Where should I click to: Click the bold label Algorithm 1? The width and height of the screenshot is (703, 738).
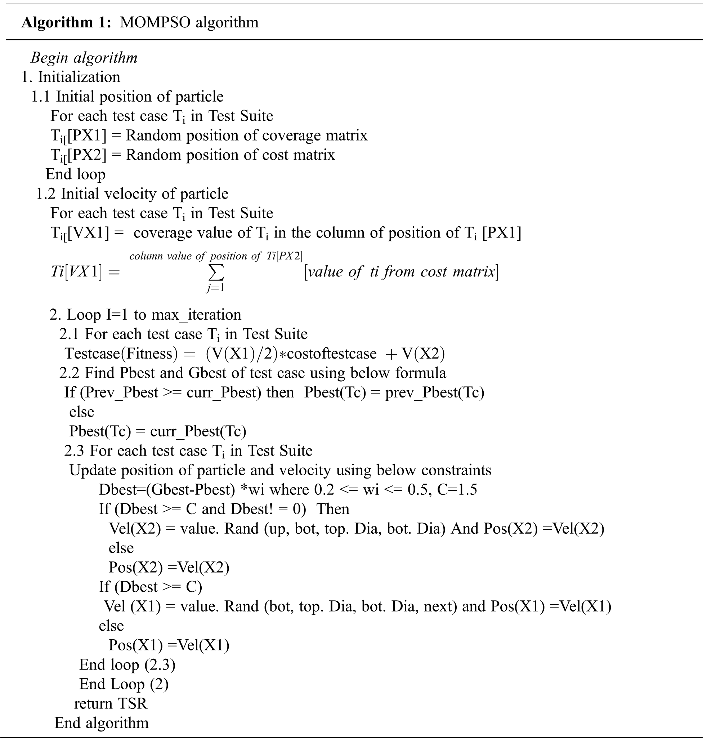(66, 22)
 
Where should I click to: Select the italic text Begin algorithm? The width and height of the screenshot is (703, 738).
(84, 58)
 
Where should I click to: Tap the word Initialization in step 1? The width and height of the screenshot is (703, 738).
(79, 77)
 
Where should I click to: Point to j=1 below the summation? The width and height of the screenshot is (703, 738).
(215, 288)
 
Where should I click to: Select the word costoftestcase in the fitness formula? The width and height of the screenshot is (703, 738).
(331, 354)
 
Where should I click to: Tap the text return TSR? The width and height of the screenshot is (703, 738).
(111, 703)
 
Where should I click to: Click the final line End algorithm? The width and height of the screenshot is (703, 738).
(102, 723)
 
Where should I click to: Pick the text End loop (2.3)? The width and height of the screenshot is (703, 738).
(127, 664)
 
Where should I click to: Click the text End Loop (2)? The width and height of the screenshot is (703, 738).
(124, 684)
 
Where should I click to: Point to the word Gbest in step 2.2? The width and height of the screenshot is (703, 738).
(209, 373)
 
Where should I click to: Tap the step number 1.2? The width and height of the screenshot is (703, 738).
(46, 194)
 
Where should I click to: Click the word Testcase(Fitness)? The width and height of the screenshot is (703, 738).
(121, 354)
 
